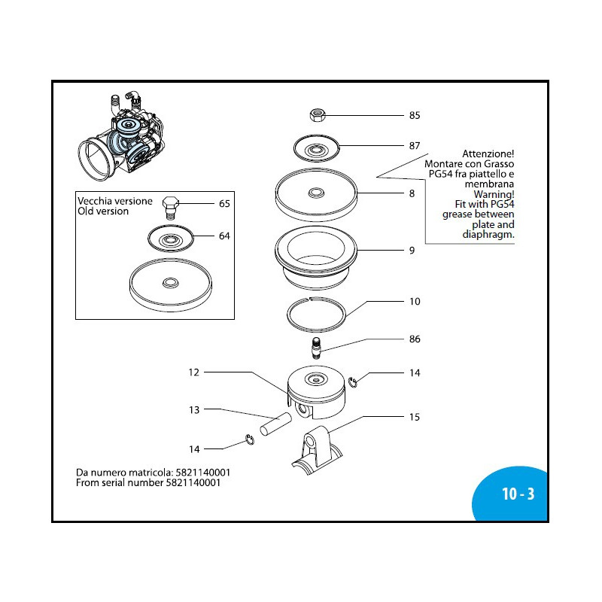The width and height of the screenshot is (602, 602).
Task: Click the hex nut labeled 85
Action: [x=317, y=115]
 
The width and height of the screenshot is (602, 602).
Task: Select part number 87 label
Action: [x=414, y=145]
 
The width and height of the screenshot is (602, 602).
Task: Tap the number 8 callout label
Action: [x=412, y=193]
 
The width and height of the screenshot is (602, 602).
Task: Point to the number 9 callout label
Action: [x=412, y=251]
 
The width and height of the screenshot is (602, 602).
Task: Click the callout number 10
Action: [x=414, y=302]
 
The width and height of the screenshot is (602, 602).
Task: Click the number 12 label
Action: [x=193, y=372]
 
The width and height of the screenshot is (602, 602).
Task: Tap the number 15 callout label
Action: [x=414, y=417]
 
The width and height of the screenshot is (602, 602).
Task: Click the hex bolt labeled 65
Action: [x=170, y=206]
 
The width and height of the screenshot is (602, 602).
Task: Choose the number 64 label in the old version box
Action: [x=224, y=236]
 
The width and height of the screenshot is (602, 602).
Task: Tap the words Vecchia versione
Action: [x=115, y=201]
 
